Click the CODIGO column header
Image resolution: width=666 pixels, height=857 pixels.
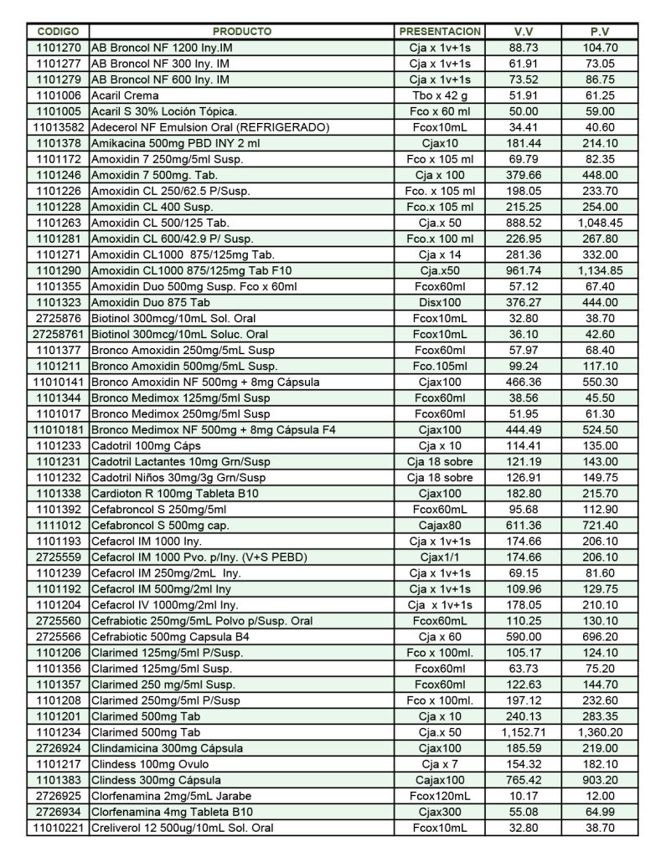(x=59, y=32)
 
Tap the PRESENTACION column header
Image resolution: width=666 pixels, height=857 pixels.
(x=440, y=32)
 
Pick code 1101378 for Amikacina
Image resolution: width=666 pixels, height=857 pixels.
(x=59, y=143)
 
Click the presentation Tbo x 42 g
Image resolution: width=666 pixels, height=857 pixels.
(x=440, y=95)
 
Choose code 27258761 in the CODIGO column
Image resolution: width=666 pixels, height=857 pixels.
(x=59, y=334)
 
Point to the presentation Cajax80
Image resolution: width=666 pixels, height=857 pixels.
(x=440, y=526)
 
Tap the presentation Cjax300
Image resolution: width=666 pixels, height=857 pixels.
(x=440, y=812)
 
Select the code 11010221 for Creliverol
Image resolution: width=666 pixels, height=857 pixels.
(x=59, y=828)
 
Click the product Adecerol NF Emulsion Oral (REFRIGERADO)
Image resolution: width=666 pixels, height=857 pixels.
(x=210, y=127)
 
